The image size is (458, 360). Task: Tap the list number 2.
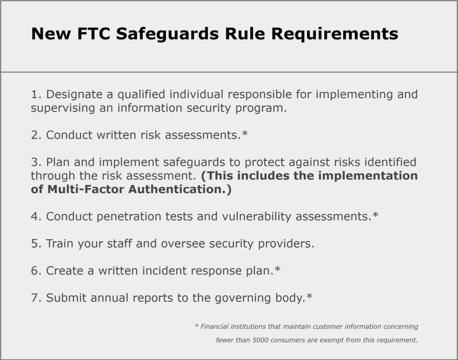tap(35, 135)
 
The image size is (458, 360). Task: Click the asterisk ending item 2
tap(245, 134)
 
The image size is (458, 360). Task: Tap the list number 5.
tap(35, 244)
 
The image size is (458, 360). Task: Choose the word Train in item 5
tap(60, 244)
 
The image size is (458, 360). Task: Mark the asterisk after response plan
tap(278, 270)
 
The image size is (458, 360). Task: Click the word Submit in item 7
tap(67, 298)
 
